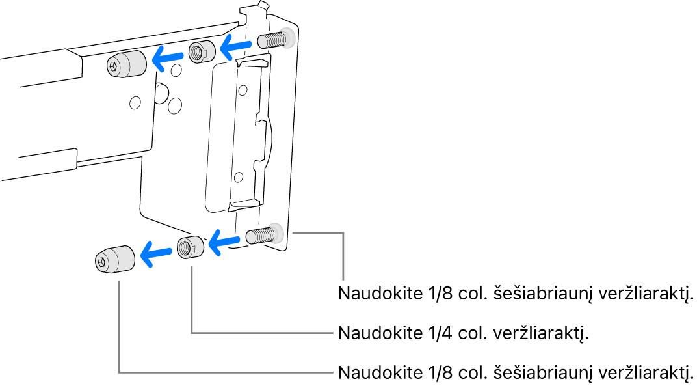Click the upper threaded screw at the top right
pyautogui.click(x=273, y=40)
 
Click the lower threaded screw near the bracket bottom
pyautogui.click(x=262, y=234)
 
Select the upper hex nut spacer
pyautogui.click(x=201, y=52)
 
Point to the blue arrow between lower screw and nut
pyautogui.click(x=225, y=242)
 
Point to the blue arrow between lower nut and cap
pyautogui.click(x=156, y=253)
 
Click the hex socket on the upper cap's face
pyautogui.click(x=115, y=65)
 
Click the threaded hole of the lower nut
pyautogui.click(x=186, y=247)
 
